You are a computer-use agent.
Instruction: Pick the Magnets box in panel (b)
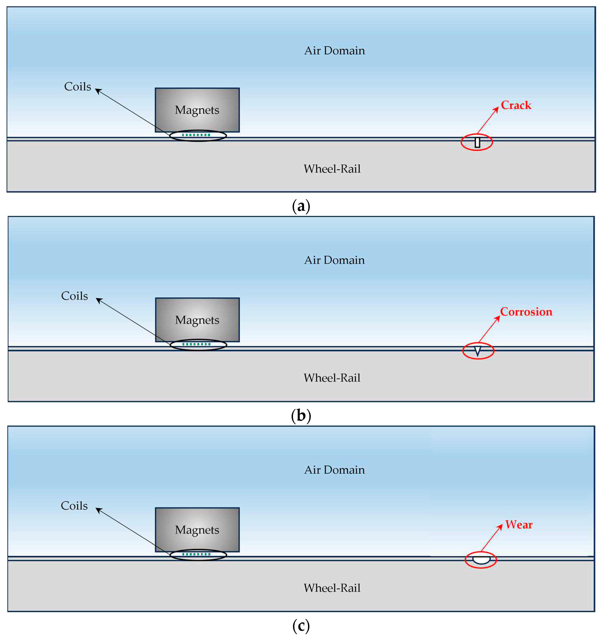pyautogui.click(x=197, y=320)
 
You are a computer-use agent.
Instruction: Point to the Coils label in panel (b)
pyautogui.click(x=74, y=296)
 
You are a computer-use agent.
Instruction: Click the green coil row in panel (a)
pyautogui.click(x=196, y=135)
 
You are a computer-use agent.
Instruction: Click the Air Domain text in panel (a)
pyautogui.click(x=334, y=51)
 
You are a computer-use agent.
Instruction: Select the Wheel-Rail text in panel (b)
pyautogui.click(x=332, y=378)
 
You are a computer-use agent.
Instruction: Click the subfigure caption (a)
pyautogui.click(x=301, y=206)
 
